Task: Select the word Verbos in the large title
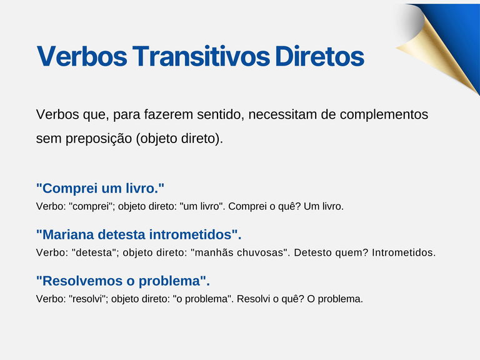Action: pos(82,57)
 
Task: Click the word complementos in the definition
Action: pos(383,115)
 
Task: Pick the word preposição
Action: pos(97,139)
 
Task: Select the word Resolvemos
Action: pos(79,281)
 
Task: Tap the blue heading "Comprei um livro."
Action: pos(100,188)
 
